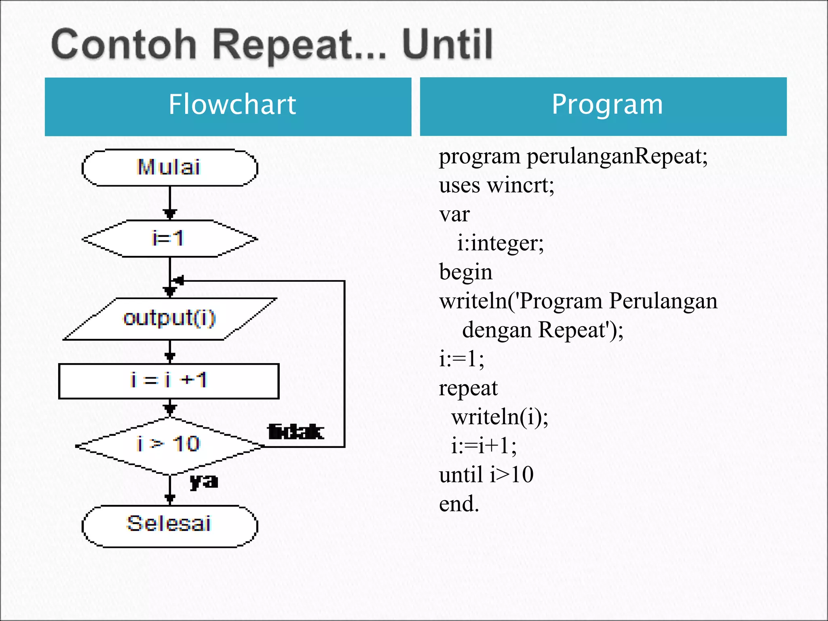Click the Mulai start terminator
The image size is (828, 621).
(x=169, y=167)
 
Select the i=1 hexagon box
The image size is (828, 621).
(x=169, y=239)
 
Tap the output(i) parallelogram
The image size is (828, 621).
(x=169, y=319)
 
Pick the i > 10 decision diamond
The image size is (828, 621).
(x=169, y=445)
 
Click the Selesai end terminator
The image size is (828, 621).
(x=169, y=525)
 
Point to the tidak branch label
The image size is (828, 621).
(x=296, y=432)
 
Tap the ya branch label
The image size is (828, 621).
(x=204, y=481)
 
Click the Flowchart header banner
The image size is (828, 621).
(x=228, y=106)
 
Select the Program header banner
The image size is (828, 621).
(x=603, y=106)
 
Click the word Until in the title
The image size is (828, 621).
(x=447, y=44)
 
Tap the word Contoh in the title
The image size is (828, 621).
(x=124, y=44)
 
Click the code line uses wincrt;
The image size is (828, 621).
(x=496, y=186)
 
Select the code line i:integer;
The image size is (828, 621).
(x=500, y=243)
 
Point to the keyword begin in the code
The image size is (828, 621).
(x=465, y=272)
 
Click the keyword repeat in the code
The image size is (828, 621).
(x=468, y=388)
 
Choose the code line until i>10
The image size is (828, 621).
(x=486, y=475)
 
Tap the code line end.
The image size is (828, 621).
(x=459, y=504)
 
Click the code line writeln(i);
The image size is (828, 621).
(x=499, y=417)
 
